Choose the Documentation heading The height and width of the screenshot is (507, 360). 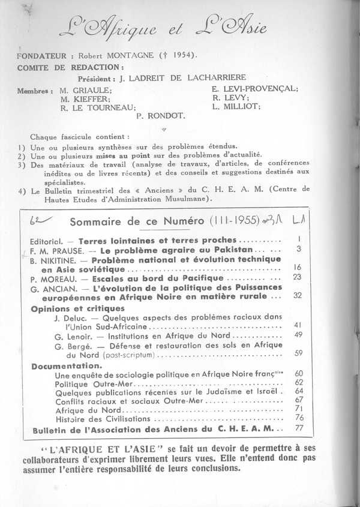point(67,365)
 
